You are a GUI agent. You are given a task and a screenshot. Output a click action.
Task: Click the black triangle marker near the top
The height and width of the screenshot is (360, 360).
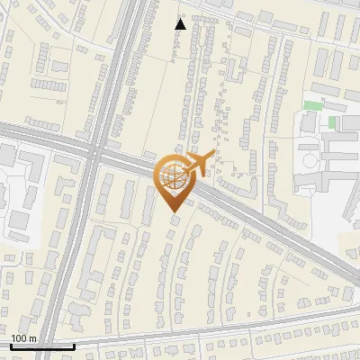(x=181, y=23)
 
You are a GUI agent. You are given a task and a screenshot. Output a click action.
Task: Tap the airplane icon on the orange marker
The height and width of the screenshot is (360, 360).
(x=197, y=164)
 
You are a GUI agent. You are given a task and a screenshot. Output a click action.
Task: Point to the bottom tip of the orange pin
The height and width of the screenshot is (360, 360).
(x=173, y=211)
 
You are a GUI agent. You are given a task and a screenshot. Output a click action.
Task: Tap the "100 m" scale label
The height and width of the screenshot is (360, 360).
(x=23, y=338)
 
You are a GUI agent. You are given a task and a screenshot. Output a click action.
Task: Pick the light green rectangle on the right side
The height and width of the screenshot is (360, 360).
(x=311, y=105)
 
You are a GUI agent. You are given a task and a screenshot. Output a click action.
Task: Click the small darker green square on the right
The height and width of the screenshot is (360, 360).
(x=332, y=121)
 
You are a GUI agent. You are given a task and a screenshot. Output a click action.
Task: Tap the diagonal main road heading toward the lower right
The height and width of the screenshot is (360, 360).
(x=270, y=225)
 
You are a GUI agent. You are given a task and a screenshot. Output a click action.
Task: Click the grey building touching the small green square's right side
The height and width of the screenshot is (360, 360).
(x=346, y=121)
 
